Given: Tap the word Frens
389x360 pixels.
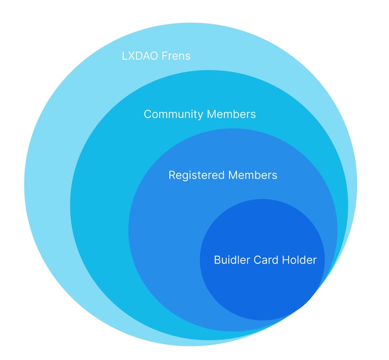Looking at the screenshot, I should (x=176, y=56).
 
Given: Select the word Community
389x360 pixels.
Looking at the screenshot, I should (x=169, y=114).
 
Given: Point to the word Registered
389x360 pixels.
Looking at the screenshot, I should (x=196, y=175).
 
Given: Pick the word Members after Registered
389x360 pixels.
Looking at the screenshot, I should (x=253, y=175).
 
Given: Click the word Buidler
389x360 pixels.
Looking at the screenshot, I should (x=230, y=260).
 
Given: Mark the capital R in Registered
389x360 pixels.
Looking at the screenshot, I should (x=172, y=175).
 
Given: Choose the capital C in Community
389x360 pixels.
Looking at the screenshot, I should (x=147, y=114).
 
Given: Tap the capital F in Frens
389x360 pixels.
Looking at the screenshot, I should (x=164, y=56).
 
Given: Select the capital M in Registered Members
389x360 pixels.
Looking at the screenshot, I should (x=234, y=175).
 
